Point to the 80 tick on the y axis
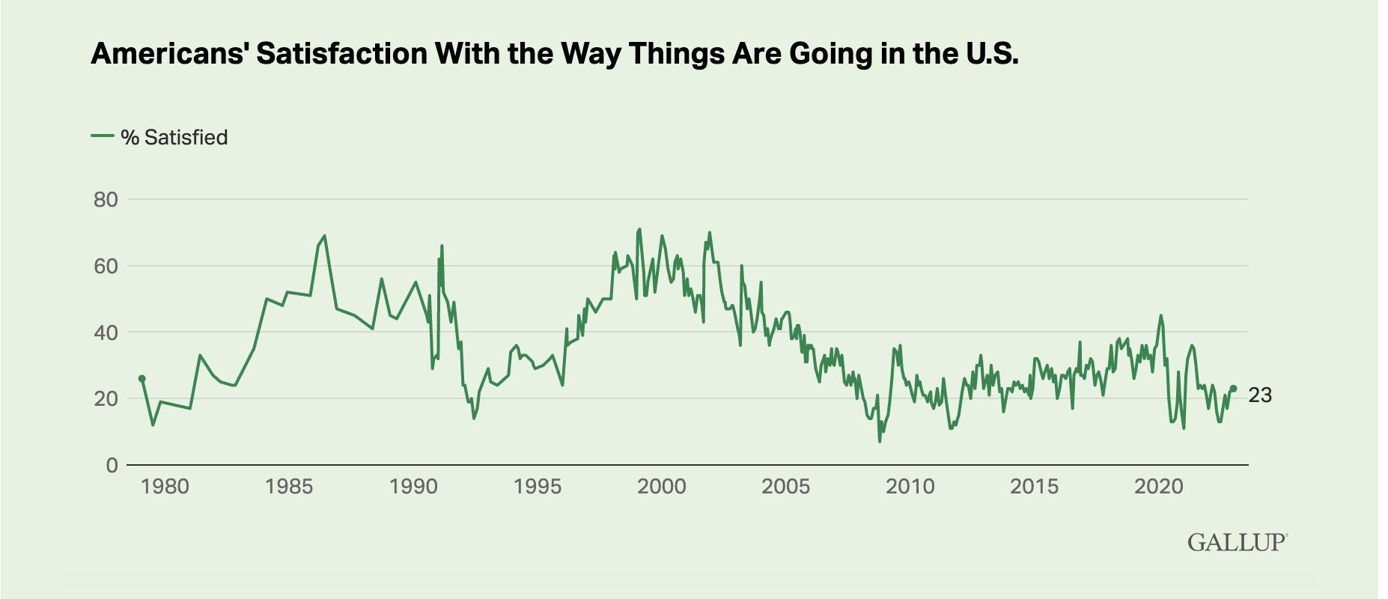[x=106, y=200]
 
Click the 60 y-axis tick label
[x=106, y=266]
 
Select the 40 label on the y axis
[x=106, y=332]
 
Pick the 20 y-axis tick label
[x=106, y=398]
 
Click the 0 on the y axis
[x=112, y=465]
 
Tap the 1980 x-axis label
[x=165, y=487]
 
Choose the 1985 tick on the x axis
[x=289, y=487]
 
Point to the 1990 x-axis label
[x=413, y=487]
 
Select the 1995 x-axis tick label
[x=538, y=487]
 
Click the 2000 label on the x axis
[x=662, y=487]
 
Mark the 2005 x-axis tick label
[x=786, y=487]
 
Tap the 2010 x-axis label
[x=910, y=487]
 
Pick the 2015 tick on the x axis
[x=1035, y=487]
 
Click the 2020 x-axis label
[x=1159, y=487]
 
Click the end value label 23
[x=1260, y=395]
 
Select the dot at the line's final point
[x=1233, y=389]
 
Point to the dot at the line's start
[x=141, y=379]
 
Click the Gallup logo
[x=1238, y=543]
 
